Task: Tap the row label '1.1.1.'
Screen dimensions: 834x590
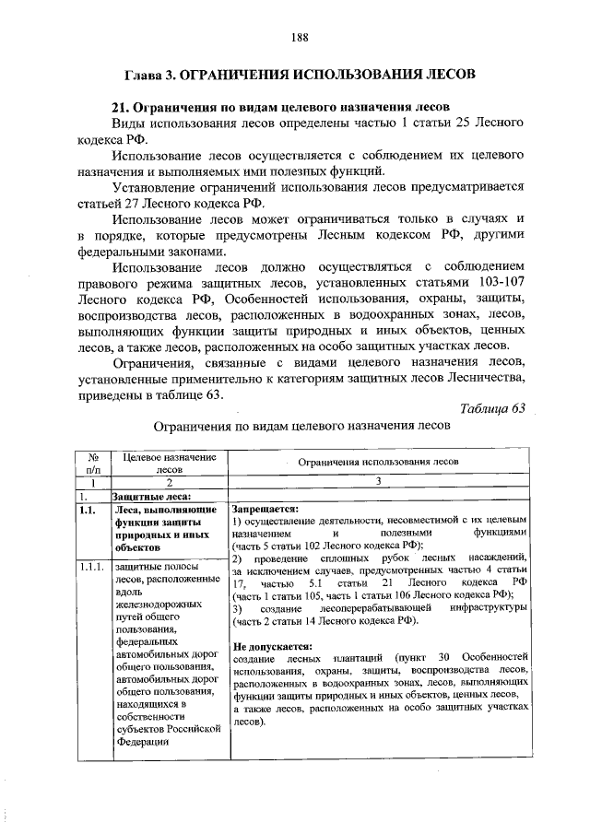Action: tap(93, 567)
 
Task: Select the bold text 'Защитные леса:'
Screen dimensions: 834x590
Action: tap(151, 495)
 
